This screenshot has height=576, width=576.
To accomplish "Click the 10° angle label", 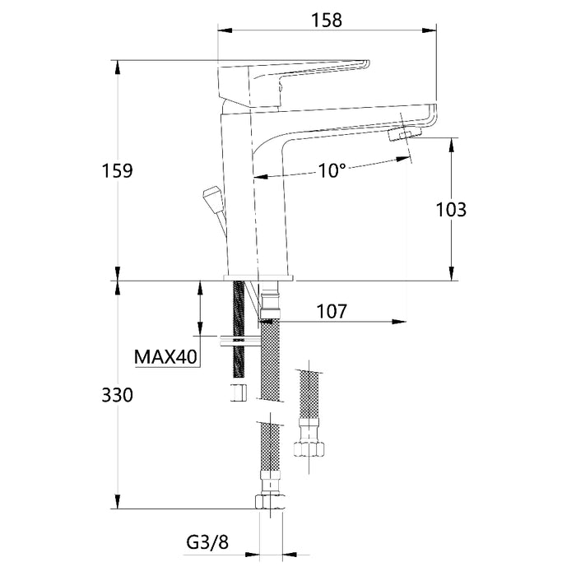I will pyautogui.click(x=332, y=170).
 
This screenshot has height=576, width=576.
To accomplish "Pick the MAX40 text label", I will pyautogui.click(x=165, y=357).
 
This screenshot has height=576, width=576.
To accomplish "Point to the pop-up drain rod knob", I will pyautogui.click(x=211, y=197).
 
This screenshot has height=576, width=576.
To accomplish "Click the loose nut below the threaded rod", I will pyautogui.click(x=239, y=391).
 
